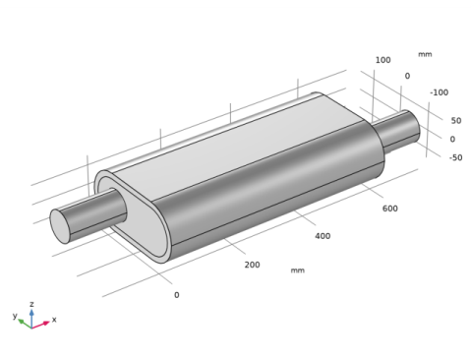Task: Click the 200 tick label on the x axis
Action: point(252,265)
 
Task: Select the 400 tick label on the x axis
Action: point(323,236)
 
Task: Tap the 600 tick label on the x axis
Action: point(390,209)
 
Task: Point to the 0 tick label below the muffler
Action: point(177,295)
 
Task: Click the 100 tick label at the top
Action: point(383,60)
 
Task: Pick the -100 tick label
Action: point(439,92)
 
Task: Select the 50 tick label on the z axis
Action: point(456,121)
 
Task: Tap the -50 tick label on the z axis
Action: point(455,157)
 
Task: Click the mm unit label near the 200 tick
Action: point(298,270)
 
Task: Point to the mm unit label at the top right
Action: point(425,54)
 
